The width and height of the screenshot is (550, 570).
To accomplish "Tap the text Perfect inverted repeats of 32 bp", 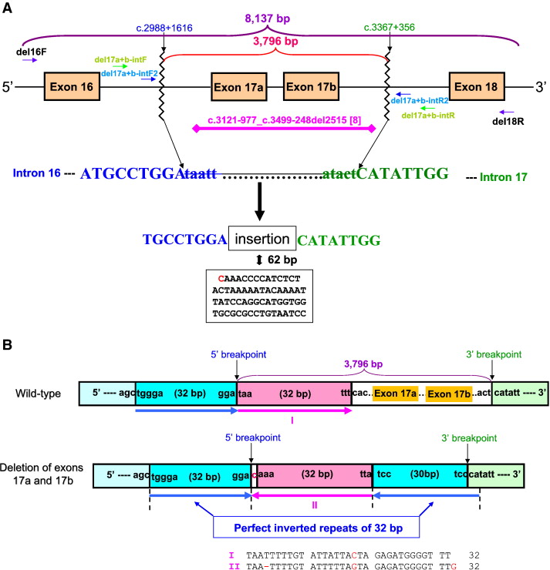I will [316, 528].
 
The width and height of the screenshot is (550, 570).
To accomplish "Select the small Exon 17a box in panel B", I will [393, 394].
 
